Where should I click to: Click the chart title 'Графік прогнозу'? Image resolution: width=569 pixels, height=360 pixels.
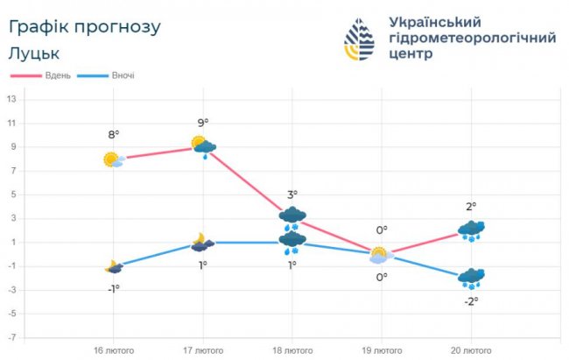point(85,27)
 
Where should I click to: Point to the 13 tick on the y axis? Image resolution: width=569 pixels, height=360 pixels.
point(11,99)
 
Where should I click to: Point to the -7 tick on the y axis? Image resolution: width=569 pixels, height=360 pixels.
point(11,337)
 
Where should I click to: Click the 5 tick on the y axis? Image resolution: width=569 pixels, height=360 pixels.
point(11,194)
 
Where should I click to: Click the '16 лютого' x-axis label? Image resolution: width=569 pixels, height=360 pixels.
point(114,350)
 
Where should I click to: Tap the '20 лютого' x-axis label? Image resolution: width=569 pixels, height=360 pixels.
point(470,350)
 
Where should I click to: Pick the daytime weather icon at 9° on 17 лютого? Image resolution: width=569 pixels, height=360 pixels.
point(203,146)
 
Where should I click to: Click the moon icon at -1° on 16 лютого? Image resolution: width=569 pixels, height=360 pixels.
point(113,266)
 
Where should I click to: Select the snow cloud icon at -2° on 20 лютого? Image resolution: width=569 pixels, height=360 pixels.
point(471,279)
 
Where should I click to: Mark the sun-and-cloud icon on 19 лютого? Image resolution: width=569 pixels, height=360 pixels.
point(380,255)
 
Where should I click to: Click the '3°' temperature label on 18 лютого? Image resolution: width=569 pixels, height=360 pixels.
point(292,194)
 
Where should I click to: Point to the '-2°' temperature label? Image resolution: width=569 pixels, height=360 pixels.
point(470,301)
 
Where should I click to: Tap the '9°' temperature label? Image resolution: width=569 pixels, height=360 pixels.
point(203,123)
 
